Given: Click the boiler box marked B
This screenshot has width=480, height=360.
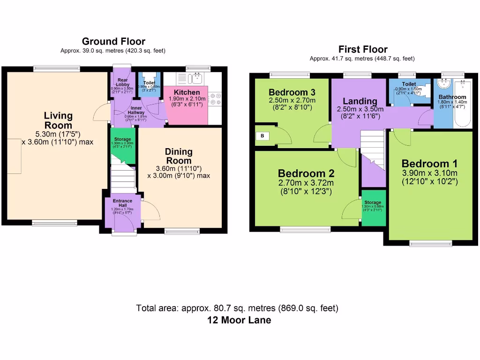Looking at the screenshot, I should click(262, 136).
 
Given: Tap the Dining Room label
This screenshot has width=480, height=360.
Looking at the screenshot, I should click(178, 156).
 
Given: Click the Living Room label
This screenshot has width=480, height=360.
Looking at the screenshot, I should click(58, 120).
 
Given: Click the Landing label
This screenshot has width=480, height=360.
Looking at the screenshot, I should click(360, 101).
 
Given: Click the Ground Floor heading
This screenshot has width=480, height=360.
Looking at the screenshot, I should click(113, 42).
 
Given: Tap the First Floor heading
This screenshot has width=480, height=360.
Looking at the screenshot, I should click(363, 49).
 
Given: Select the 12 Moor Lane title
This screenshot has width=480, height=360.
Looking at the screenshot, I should click(239, 321).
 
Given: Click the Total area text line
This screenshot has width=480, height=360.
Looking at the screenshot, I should click(237, 308).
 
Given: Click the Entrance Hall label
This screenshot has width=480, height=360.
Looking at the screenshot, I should click(122, 203).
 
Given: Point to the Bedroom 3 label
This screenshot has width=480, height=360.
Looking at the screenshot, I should click(292, 92).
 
